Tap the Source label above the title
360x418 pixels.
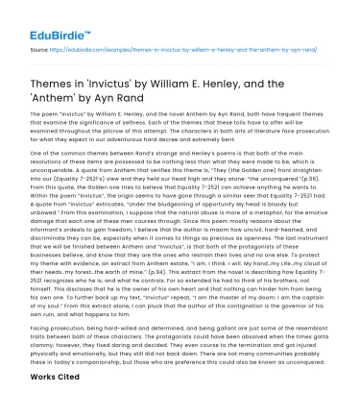coord(38,46)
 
